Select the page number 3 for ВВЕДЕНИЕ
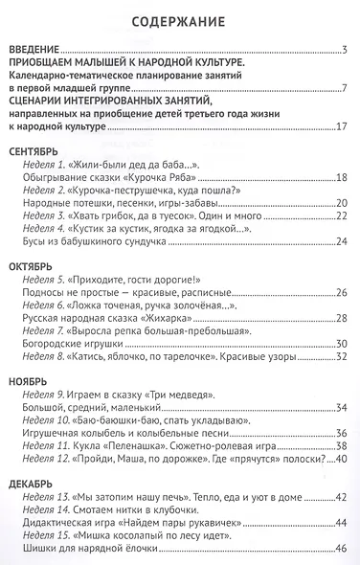pos(344,52)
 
